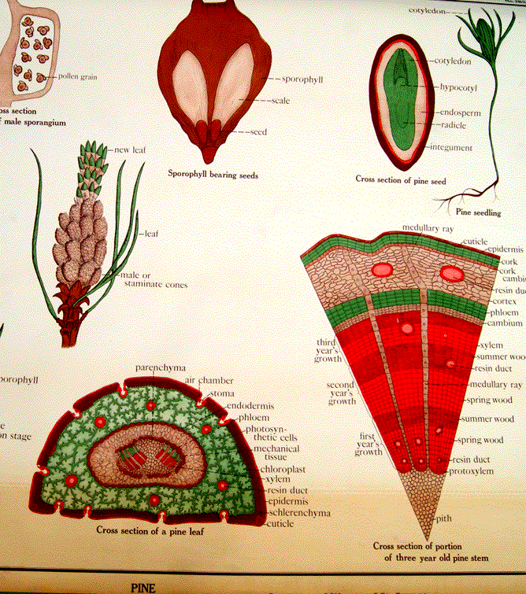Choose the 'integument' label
[x=450, y=147]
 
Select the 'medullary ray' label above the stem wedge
[x=428, y=228]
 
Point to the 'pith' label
[x=446, y=520]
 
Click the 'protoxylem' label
[x=471, y=471]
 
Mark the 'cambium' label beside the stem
[x=504, y=323]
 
